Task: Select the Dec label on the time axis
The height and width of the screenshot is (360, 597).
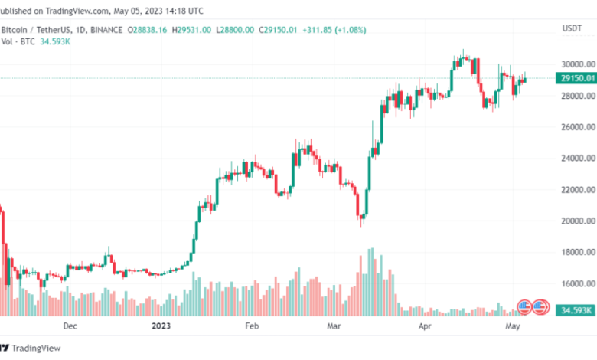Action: point(70,326)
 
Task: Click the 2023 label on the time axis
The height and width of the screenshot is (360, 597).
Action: point(162,326)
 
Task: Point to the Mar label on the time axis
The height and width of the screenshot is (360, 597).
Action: point(334,326)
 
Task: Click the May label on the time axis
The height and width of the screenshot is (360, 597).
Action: point(512,326)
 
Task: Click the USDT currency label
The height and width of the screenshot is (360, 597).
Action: point(572,28)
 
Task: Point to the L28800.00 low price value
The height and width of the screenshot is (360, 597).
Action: point(240,30)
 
